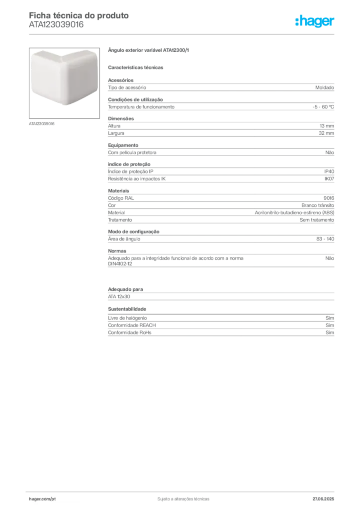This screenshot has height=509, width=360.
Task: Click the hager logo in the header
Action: (x=315, y=21)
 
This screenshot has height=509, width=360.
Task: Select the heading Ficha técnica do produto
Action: (x=79, y=15)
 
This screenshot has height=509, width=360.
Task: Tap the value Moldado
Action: (x=325, y=87)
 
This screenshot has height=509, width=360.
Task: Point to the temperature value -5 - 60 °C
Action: (x=323, y=107)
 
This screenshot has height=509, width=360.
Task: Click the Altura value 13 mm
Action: (x=327, y=126)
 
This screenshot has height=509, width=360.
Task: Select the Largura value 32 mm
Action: (x=327, y=133)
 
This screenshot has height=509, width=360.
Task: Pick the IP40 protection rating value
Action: (x=329, y=171)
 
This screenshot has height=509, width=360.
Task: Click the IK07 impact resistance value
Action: (x=329, y=178)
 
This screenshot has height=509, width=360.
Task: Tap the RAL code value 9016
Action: (x=329, y=198)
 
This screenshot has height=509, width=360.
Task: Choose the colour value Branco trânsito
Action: (x=318, y=205)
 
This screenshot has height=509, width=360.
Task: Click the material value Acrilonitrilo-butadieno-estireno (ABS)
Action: (x=294, y=213)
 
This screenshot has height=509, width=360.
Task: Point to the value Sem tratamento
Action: (x=317, y=220)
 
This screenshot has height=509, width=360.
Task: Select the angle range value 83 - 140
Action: (x=325, y=239)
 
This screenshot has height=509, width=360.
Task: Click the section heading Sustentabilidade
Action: (x=127, y=309)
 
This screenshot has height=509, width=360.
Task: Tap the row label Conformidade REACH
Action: (x=132, y=325)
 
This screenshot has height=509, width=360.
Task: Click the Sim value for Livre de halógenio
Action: (x=330, y=318)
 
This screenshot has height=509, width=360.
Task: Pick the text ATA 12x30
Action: (x=119, y=297)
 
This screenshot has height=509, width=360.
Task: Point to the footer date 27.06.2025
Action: (x=323, y=499)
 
